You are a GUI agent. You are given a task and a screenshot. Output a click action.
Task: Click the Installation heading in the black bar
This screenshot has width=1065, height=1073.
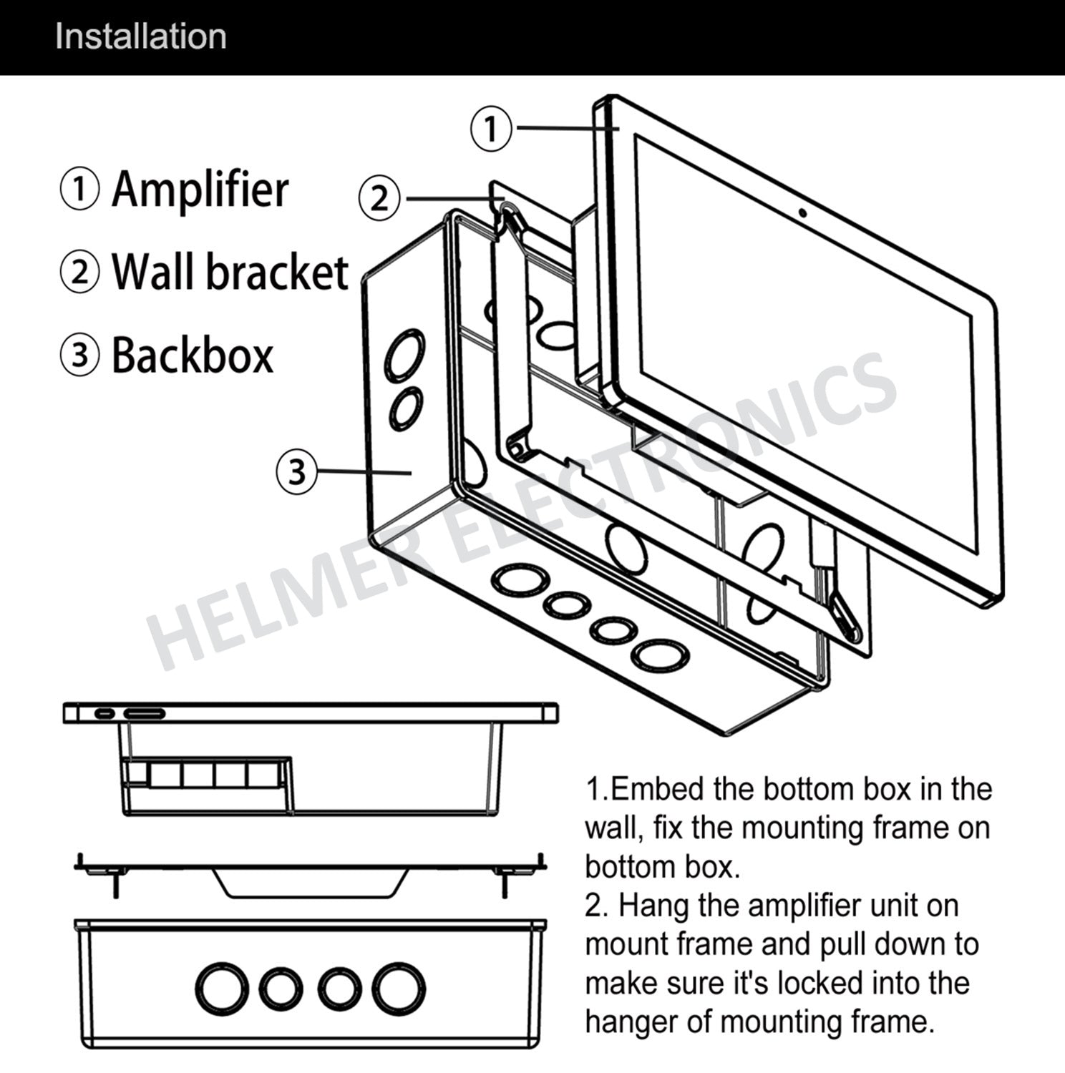click(140, 36)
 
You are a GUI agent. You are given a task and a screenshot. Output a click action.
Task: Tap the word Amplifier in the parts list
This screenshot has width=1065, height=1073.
click(200, 190)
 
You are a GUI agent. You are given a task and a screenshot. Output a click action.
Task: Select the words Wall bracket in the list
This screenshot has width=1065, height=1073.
click(230, 273)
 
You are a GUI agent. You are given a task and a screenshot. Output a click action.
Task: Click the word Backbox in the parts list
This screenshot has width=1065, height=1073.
click(193, 356)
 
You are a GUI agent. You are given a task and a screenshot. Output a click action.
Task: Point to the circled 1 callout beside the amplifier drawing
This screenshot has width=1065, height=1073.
click(491, 129)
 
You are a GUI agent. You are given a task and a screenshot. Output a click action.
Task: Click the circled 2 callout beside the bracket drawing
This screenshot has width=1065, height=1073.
click(379, 198)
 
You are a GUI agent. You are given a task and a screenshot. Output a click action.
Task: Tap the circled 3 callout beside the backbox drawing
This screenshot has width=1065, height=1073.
click(296, 471)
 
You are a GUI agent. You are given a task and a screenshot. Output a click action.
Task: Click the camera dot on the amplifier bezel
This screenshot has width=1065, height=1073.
click(804, 212)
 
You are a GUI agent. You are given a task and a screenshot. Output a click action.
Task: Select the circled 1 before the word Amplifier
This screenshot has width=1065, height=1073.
click(79, 190)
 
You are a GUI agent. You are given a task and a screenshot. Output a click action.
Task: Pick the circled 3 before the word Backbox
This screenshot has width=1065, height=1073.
click(79, 356)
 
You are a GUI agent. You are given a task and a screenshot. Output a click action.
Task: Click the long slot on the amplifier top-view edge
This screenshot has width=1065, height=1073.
click(145, 714)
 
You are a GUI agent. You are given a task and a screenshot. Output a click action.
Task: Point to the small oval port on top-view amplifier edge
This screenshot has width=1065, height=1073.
click(104, 714)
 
